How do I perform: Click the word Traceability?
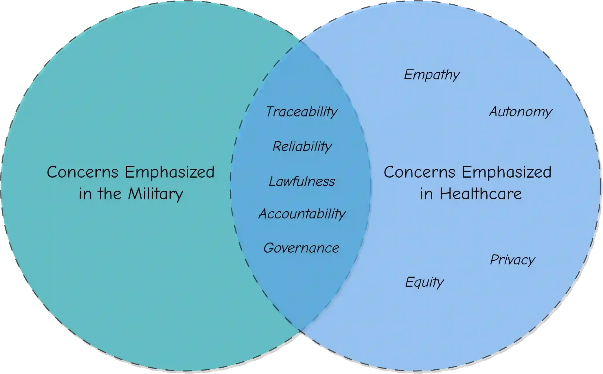[301, 112]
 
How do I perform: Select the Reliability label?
[302, 146]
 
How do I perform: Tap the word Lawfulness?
[302, 181]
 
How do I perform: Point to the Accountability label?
[302, 214]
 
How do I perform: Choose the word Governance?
[301, 248]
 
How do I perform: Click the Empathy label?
[431, 75]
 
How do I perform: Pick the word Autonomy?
[520, 112]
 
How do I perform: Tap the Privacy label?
[512, 259]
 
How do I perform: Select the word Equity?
[424, 282]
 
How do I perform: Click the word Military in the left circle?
[155, 194]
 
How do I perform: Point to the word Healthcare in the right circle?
[481, 194]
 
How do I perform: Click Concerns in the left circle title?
[82, 172]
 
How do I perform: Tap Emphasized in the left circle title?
[170, 173]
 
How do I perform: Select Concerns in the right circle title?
[419, 172]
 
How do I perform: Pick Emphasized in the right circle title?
[506, 173]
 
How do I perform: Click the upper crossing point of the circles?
[301, 41]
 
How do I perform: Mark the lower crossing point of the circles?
[301, 330]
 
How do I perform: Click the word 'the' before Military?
[109, 194]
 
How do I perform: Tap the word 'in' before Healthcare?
[426, 194]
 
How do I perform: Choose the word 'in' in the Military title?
[85, 194]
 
